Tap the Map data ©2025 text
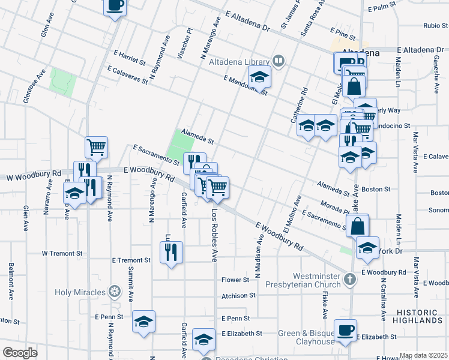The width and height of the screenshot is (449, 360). [x=424, y=355]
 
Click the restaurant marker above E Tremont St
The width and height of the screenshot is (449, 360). [x=171, y=252]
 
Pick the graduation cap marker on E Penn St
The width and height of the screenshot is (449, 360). [x=143, y=322]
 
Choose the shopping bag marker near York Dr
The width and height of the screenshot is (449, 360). [x=357, y=226]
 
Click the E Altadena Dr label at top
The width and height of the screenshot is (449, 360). [x=248, y=20]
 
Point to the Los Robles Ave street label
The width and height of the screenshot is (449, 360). [x=214, y=236]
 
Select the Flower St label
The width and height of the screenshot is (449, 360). [x=235, y=280]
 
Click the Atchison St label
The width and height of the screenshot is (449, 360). [x=238, y=295]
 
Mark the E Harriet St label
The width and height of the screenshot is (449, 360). [x=127, y=58]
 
